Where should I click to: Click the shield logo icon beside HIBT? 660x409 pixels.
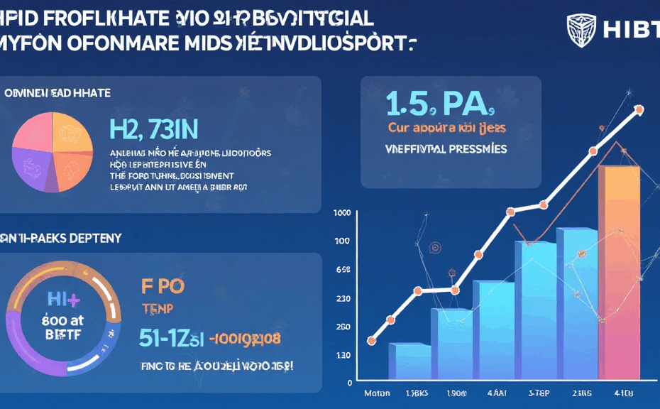pos(581,30)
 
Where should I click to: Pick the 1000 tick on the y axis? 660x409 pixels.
pos(341,213)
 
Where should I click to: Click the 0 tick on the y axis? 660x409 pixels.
pos(348,382)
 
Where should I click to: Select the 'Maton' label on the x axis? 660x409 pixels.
pos(378,393)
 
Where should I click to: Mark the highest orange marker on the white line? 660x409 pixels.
pos(639,110)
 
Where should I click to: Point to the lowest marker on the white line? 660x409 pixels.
pos(371,341)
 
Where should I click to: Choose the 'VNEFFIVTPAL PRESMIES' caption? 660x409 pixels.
pos(446,150)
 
